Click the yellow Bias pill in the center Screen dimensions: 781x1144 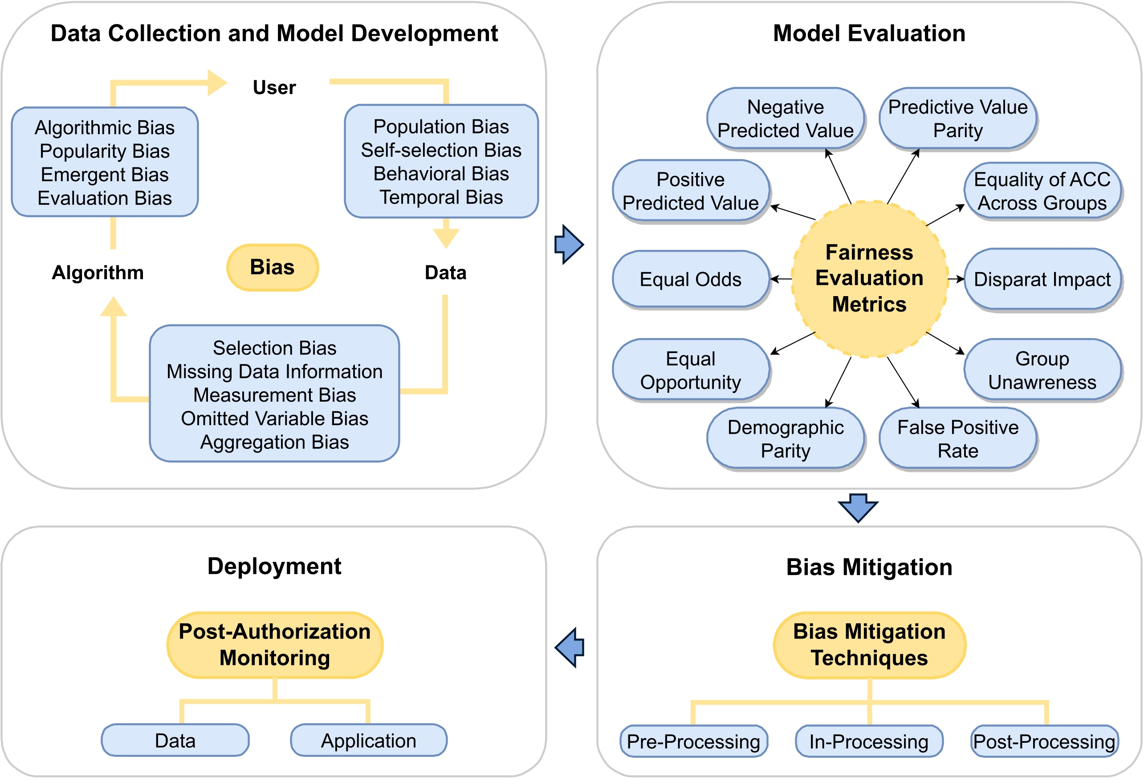pyautogui.click(x=272, y=267)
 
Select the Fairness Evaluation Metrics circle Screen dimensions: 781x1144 pyautogui.click(x=869, y=279)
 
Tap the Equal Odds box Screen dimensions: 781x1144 pyautogui.click(x=690, y=279)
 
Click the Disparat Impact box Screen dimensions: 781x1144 pyautogui.click(x=1042, y=279)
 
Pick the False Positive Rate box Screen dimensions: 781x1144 pyautogui.click(x=957, y=438)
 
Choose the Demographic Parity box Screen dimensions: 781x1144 pyautogui.click(x=785, y=438)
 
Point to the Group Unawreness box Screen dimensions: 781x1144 pyautogui.click(x=1042, y=370)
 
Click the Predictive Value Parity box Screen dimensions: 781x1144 pyautogui.click(x=957, y=118)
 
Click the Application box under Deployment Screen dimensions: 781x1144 pyautogui.click(x=368, y=740)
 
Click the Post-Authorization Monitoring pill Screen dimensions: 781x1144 pyautogui.click(x=275, y=645)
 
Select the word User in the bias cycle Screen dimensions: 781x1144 pyautogui.click(x=274, y=88)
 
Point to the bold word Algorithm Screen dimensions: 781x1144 pyautogui.click(x=98, y=272)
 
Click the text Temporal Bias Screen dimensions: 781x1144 pyautogui.click(x=441, y=197)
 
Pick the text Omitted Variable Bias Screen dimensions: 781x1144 pyautogui.click(x=274, y=418)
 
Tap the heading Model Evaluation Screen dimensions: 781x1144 pyautogui.click(x=869, y=33)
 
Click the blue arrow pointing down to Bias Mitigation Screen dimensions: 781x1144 pyautogui.click(x=858, y=507)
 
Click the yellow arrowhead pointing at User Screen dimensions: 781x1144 pyautogui.click(x=216, y=83)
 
